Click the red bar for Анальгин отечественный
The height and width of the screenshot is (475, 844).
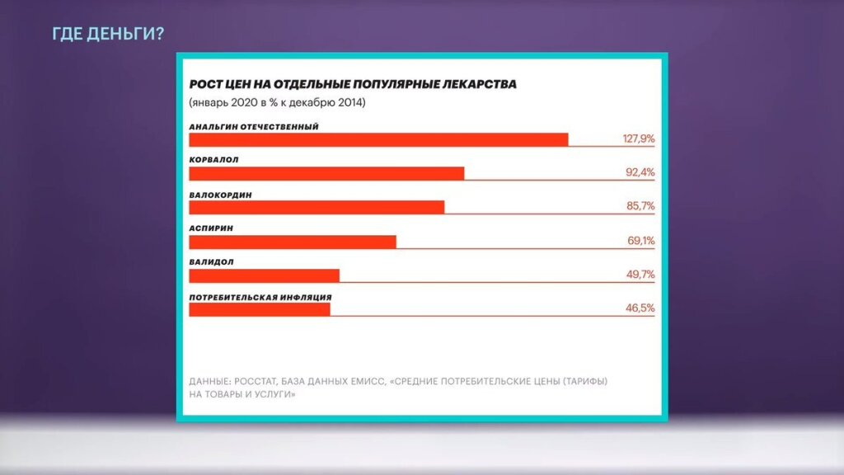(x=378, y=139)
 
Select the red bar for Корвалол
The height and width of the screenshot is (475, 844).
(x=326, y=173)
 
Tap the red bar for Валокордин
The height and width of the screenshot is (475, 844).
(x=316, y=207)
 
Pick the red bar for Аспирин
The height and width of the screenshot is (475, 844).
(x=293, y=242)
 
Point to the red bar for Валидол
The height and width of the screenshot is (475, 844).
(x=264, y=275)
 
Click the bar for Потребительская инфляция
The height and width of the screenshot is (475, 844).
(x=260, y=309)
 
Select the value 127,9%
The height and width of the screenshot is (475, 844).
(x=638, y=139)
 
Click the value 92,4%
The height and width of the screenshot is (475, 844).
(x=640, y=173)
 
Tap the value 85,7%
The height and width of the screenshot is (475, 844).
(x=640, y=207)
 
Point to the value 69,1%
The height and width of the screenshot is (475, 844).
(x=641, y=242)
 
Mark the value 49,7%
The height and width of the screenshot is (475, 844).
(x=640, y=275)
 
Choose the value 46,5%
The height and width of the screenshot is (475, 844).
(x=640, y=309)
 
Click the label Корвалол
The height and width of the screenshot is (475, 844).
(x=213, y=160)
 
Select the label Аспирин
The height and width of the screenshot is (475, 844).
(x=211, y=228)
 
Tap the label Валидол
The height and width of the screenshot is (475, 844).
(x=211, y=262)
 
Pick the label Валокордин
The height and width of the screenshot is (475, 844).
(x=220, y=195)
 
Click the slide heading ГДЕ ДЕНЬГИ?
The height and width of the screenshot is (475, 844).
(x=107, y=34)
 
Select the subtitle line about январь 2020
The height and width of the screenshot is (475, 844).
(x=277, y=104)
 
